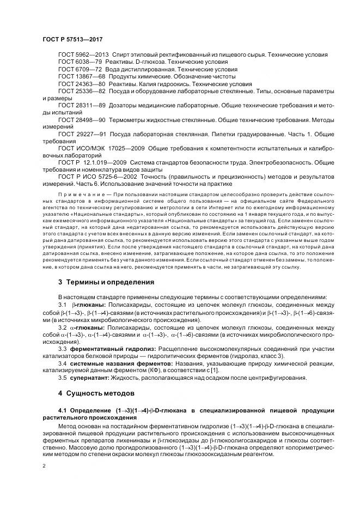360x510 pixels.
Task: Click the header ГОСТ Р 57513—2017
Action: click(x=72, y=40)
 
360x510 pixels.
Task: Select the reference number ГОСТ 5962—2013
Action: click(x=83, y=56)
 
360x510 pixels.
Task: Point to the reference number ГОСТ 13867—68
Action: click(x=81, y=77)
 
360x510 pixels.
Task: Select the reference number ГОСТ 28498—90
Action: click(x=81, y=118)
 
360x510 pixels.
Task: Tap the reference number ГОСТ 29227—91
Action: click(x=81, y=133)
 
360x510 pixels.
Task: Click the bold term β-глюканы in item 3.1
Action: click(x=89, y=305)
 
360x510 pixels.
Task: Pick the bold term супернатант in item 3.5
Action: click(x=91, y=378)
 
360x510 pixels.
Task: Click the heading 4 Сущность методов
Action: click(x=93, y=392)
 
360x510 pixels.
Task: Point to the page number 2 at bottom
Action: click(x=44, y=466)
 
